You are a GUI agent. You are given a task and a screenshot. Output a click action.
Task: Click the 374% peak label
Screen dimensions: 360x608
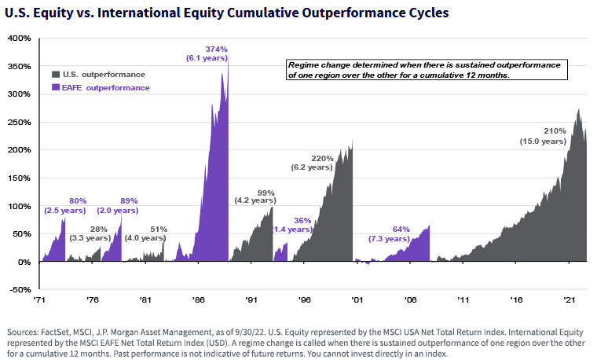pos(216,49)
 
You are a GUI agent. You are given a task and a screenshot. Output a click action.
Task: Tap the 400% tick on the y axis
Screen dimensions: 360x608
pos(19,38)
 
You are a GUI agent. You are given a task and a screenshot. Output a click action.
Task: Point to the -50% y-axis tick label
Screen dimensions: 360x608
pos(20,290)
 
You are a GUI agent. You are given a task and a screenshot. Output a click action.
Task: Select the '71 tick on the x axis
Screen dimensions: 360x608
pos(39,300)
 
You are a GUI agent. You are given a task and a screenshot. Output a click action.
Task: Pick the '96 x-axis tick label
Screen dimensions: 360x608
pos(304,300)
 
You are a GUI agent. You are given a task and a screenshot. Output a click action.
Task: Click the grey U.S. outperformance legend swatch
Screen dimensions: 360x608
pos(57,75)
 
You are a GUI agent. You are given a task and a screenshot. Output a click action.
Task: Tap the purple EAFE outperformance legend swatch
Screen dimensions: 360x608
pos(57,88)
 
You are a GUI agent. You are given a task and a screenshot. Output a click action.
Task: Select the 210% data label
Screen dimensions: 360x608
pos(555,130)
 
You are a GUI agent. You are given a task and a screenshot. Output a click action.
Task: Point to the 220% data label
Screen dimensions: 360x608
pos(323,158)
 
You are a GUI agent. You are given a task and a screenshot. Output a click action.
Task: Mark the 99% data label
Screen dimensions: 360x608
pos(266,193)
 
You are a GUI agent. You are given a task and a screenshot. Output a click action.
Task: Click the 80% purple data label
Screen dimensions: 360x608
pos(78,200)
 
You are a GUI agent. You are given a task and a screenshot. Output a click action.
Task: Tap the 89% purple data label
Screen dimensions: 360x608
pos(129,200)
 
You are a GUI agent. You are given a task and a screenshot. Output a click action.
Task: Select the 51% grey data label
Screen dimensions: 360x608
pos(159,228)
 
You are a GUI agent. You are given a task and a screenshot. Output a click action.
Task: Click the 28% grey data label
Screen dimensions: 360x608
pos(99,228)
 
